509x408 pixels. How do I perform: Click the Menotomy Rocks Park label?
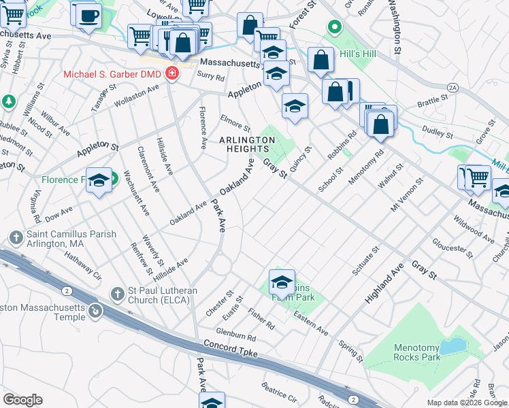coord(417,352)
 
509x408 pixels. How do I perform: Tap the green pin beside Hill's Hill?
coord(333,28)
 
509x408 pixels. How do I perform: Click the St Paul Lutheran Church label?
coord(163,296)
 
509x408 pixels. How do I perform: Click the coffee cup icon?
coord(87,15)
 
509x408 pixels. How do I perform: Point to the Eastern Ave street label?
coord(311,323)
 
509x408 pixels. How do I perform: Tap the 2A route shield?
coord(453,88)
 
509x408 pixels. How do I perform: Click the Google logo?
coord(22,400)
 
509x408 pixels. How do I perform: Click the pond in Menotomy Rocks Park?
coord(451,347)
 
